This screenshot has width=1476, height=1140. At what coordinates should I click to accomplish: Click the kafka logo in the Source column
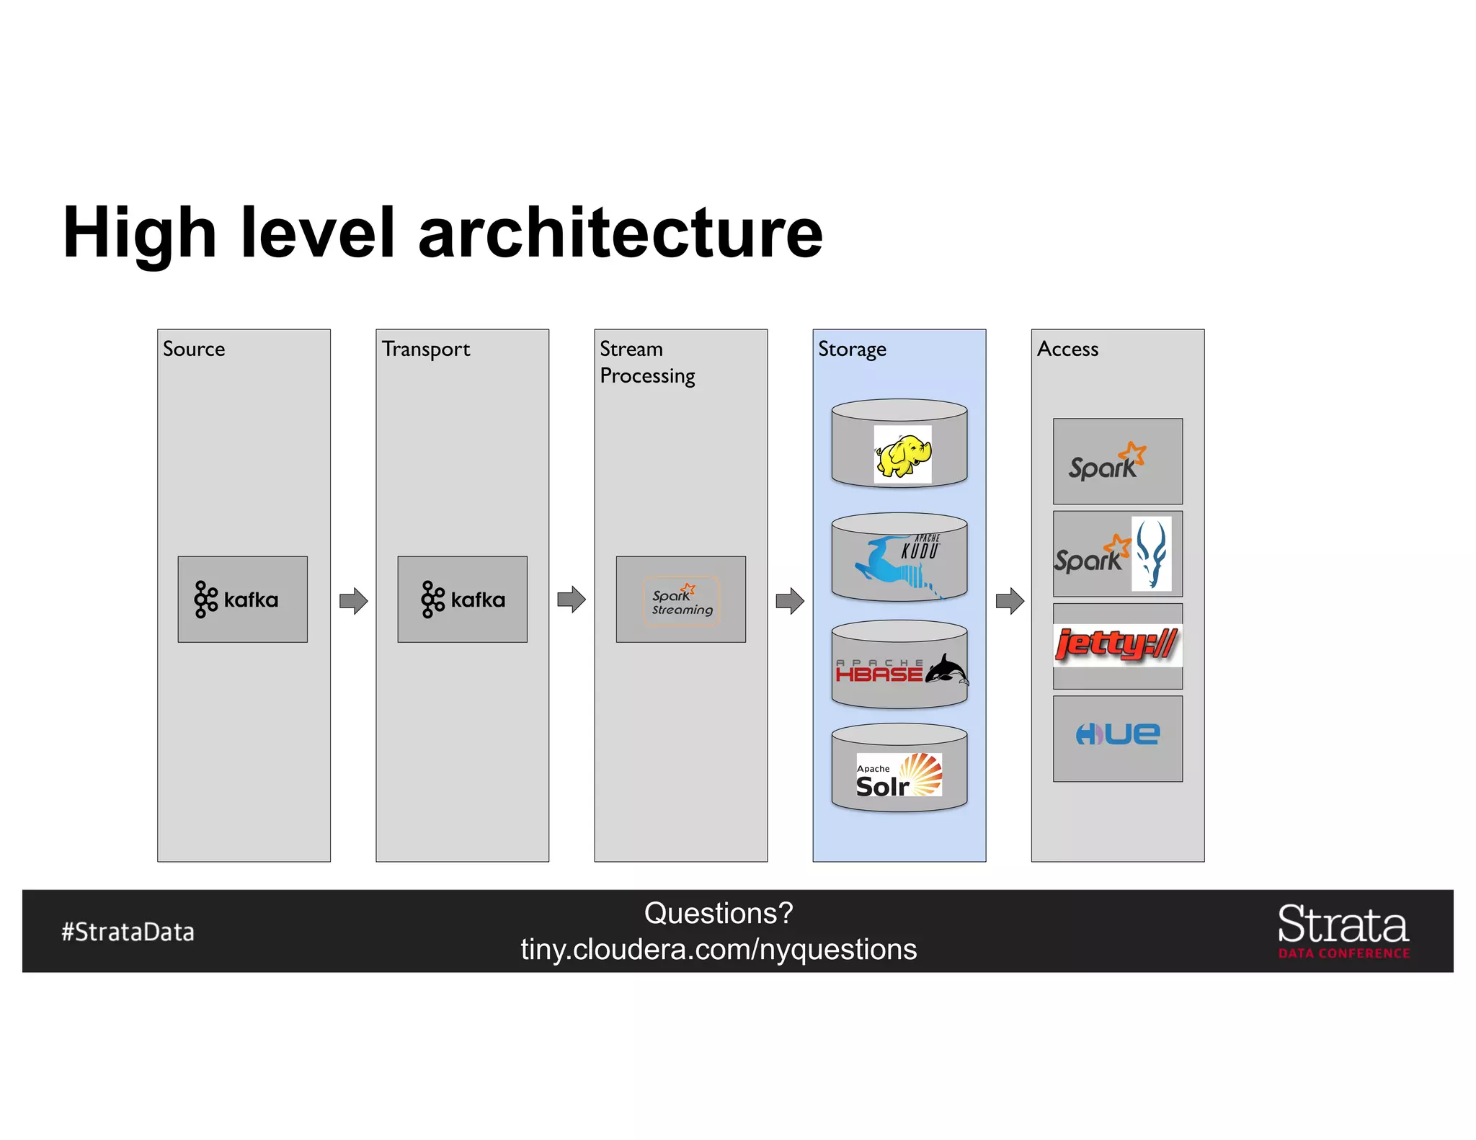(236, 600)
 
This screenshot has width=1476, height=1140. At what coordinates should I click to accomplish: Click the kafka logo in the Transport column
(463, 600)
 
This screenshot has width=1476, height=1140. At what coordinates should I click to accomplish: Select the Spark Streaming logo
(682, 600)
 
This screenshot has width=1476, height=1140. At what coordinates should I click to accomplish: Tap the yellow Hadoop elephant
(902, 455)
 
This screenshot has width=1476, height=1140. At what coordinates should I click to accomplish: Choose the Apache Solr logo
(899, 775)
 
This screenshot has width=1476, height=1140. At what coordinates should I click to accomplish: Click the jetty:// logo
(1116, 645)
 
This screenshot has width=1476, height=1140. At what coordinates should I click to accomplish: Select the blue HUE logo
(1118, 734)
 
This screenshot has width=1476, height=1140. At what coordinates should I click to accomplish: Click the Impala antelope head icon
(1151, 553)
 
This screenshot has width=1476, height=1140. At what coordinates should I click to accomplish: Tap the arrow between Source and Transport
(354, 600)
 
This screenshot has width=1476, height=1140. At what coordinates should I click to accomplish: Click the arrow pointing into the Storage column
(790, 600)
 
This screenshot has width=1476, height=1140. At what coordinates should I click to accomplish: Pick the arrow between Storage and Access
(1010, 600)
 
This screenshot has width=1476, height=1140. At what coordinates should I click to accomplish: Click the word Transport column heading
(426, 349)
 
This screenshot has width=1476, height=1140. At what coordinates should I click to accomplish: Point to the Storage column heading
(852, 349)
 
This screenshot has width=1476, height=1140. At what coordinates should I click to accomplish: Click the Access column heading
(1067, 349)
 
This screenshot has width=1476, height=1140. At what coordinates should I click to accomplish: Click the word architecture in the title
(620, 233)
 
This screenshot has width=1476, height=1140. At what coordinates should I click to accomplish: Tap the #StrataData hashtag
(128, 932)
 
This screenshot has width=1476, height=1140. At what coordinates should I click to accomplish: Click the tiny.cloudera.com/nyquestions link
(719, 950)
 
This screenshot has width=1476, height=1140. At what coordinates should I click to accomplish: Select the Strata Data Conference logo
(1343, 930)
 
